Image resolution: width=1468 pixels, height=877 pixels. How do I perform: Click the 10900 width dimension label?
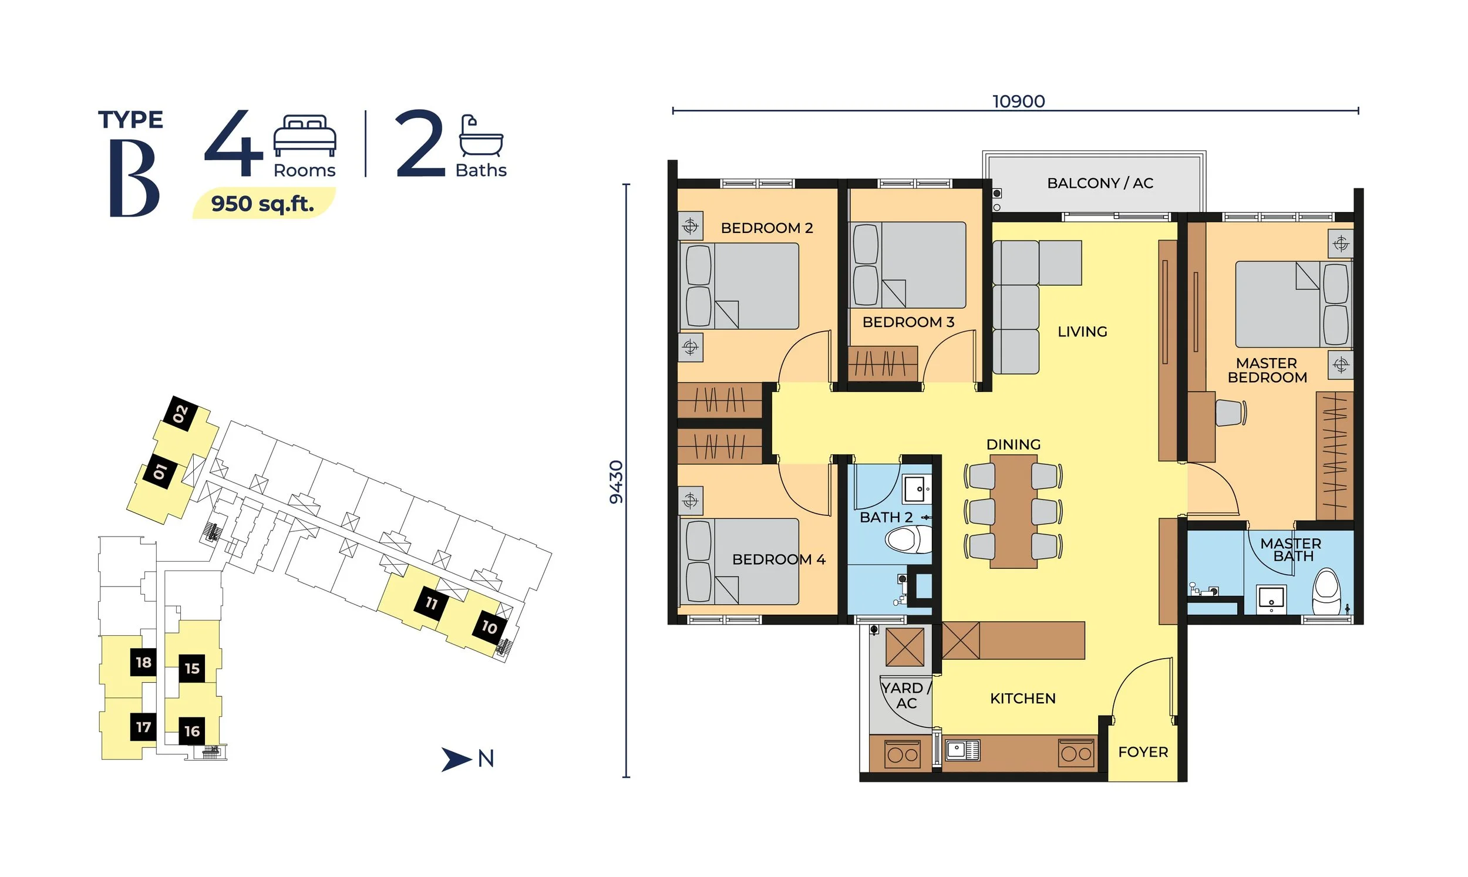pyautogui.click(x=1018, y=101)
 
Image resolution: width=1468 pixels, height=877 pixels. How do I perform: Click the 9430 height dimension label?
pyautogui.click(x=616, y=481)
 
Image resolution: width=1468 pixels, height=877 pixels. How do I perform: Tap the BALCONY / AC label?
pyautogui.click(x=1100, y=183)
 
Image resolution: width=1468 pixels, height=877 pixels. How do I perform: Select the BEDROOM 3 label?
pyautogui.click(x=908, y=322)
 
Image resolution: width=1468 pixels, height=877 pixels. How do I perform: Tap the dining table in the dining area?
pyautogui.click(x=1013, y=511)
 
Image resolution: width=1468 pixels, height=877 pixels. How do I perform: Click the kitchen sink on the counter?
pyautogui.click(x=961, y=750)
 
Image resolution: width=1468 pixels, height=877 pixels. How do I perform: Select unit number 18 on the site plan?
pyautogui.click(x=144, y=663)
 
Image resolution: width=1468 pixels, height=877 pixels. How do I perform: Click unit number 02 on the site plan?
pyautogui.click(x=180, y=414)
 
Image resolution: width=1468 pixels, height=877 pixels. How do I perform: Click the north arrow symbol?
pyautogui.click(x=455, y=760)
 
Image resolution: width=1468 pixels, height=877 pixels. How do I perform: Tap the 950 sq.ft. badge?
pyautogui.click(x=263, y=203)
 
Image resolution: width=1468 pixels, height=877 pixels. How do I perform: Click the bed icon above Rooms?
pyautogui.click(x=304, y=136)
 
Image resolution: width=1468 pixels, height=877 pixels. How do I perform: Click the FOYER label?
pyautogui.click(x=1142, y=752)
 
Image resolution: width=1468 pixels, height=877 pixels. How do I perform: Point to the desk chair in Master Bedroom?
pyautogui.click(x=1230, y=413)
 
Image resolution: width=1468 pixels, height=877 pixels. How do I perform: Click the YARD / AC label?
pyautogui.click(x=906, y=695)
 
